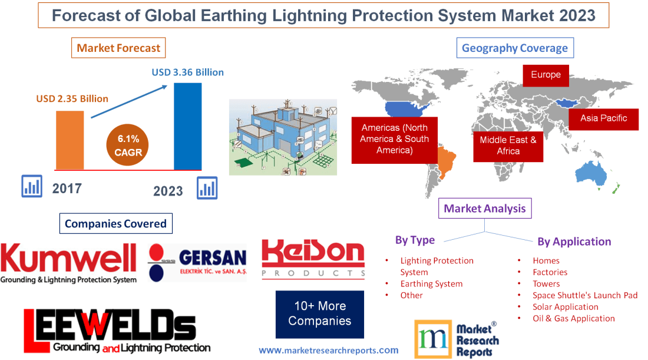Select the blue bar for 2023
pos(188,126)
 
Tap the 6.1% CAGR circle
pos(128,146)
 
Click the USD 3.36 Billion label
pos(188,72)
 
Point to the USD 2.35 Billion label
pos(72,98)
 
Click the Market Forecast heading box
pos(118,48)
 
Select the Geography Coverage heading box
pos(514,48)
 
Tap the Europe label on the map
pos(545,75)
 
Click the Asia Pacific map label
pos(603,118)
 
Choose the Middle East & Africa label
pos(508,146)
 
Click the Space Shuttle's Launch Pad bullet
pos(584,295)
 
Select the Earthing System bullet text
pos(431,283)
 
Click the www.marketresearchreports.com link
pos(328,350)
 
